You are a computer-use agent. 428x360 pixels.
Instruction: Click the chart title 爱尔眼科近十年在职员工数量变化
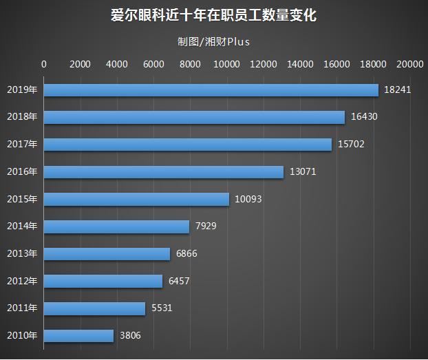[x=213, y=15]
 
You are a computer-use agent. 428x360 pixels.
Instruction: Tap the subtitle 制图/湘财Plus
[x=213, y=41]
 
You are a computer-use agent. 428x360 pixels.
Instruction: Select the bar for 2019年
[x=211, y=90]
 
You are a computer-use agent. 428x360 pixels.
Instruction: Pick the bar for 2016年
[x=164, y=172]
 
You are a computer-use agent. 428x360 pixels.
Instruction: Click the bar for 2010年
[x=79, y=336]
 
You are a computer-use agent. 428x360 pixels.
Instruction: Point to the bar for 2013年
[x=107, y=254]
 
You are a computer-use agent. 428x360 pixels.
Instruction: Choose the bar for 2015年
[x=137, y=200]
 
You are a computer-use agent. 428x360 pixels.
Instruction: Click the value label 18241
[x=398, y=90]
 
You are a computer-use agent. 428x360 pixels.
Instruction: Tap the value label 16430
[x=364, y=118]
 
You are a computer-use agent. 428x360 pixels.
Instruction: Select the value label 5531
[x=162, y=308]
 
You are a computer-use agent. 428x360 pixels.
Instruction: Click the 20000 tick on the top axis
[x=410, y=64]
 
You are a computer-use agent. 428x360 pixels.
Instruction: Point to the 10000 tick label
[x=227, y=64]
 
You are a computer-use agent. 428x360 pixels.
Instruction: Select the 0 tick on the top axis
[x=45, y=64]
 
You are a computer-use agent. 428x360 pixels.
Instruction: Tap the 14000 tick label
[x=300, y=64]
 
